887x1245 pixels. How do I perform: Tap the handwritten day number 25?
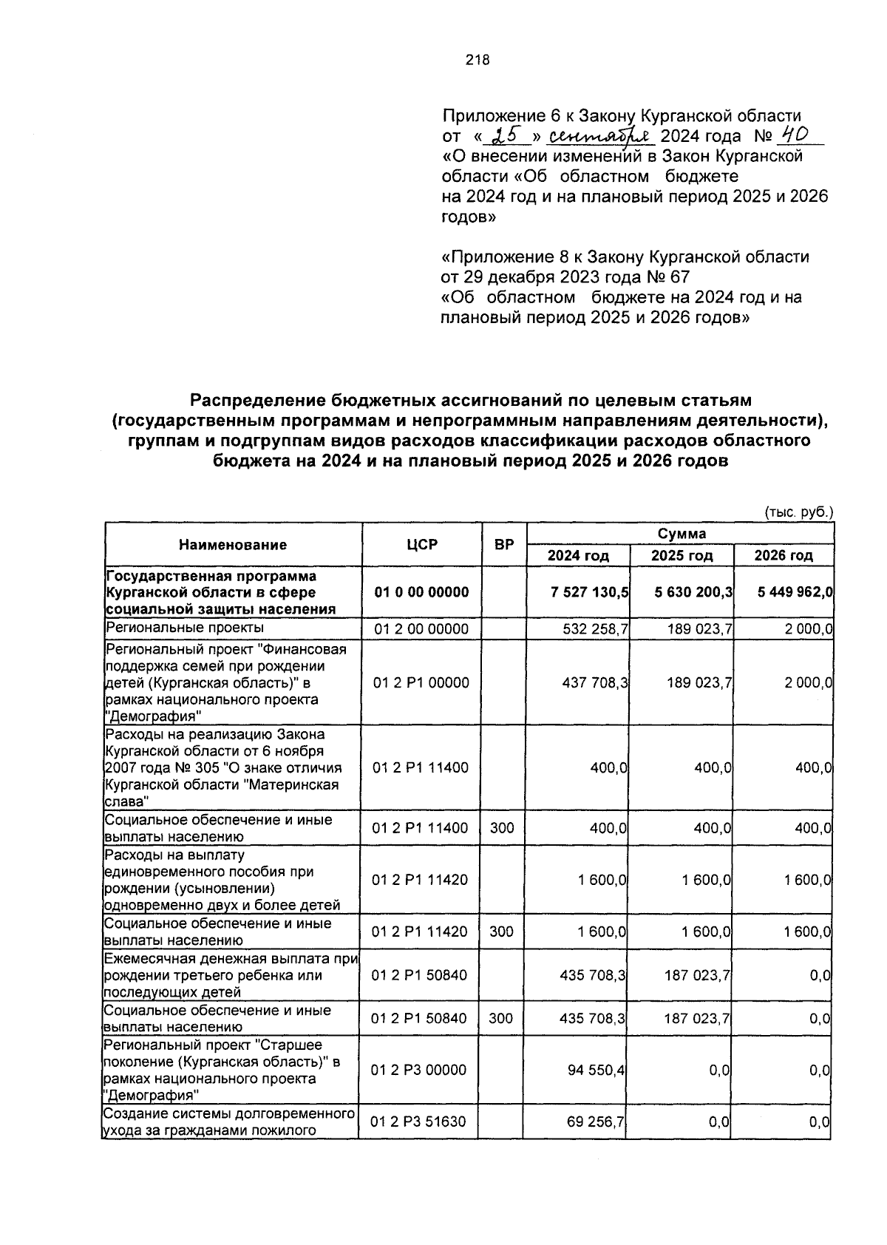coord(508,136)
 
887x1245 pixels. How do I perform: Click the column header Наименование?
coord(233,545)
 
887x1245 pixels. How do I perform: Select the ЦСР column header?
coord(421,545)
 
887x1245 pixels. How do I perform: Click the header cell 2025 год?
coord(682,556)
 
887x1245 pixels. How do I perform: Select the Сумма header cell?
coord(681,533)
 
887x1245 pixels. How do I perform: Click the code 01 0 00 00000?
coord(421,592)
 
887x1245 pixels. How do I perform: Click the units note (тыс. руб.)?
coord(798,512)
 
